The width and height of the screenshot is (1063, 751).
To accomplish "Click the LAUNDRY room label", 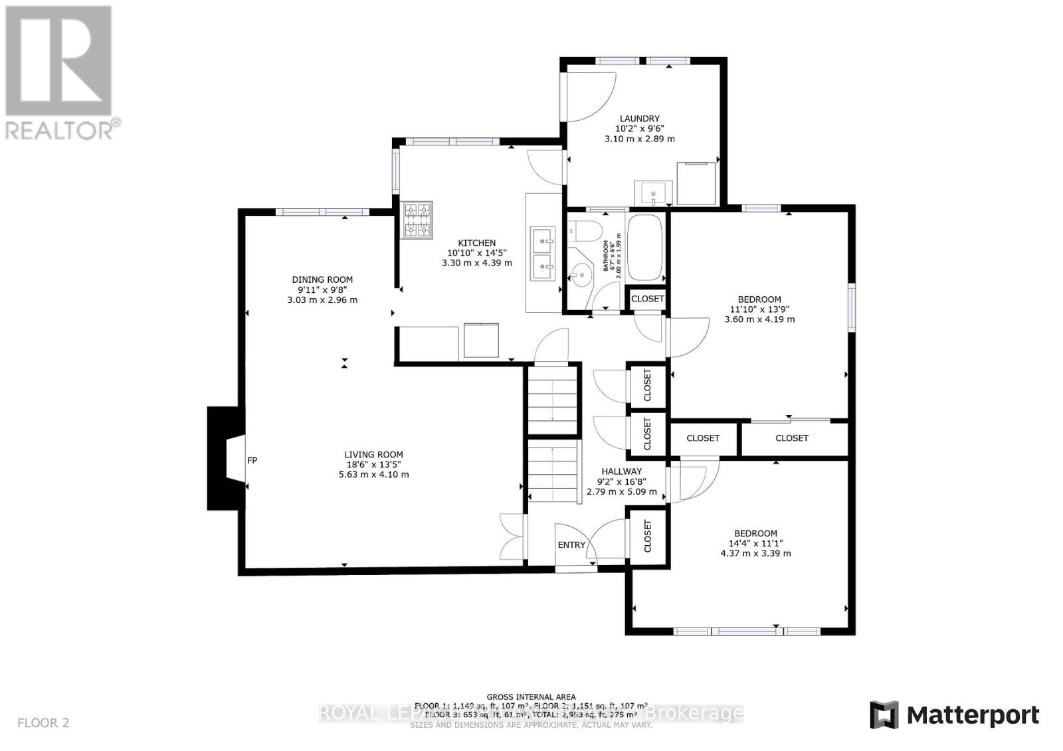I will pyautogui.click(x=640, y=118).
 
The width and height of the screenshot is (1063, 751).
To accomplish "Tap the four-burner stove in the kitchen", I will pyautogui.click(x=417, y=220).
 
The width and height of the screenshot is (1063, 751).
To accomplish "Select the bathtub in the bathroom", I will pyautogui.click(x=645, y=248).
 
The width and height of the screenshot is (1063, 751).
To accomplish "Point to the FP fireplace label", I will pyautogui.click(x=252, y=460).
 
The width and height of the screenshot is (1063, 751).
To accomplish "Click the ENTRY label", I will pyautogui.click(x=571, y=544).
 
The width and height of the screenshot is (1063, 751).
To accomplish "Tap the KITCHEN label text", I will pyautogui.click(x=476, y=243).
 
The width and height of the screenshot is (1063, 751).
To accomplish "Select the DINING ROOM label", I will pyautogui.click(x=322, y=280).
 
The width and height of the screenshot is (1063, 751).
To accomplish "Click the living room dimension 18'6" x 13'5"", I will pyautogui.click(x=373, y=465).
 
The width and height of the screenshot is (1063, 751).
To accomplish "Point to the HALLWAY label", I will pyautogui.click(x=621, y=471).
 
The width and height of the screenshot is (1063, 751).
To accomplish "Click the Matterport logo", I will pyautogui.click(x=954, y=715).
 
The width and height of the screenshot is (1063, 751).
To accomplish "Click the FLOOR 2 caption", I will pyautogui.click(x=43, y=722).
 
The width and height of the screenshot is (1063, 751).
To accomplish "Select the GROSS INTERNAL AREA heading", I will pyautogui.click(x=531, y=697).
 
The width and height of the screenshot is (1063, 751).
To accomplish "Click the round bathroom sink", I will pyautogui.click(x=581, y=274).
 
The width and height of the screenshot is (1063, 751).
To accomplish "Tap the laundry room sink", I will pyautogui.click(x=654, y=193).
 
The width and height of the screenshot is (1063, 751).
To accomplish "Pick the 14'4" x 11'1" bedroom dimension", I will pyautogui.click(x=755, y=543).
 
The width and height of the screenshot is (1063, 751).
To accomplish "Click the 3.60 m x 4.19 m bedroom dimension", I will pyautogui.click(x=759, y=319).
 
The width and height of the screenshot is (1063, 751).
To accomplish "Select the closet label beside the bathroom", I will pyautogui.click(x=647, y=299).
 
